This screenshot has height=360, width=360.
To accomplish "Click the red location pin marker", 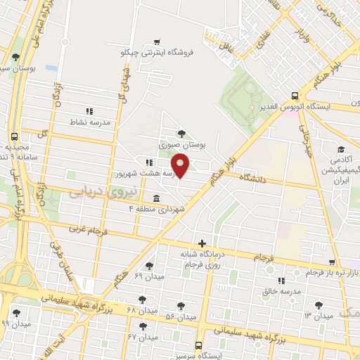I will pos(181,166).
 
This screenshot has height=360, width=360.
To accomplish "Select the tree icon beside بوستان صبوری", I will pos(182,134).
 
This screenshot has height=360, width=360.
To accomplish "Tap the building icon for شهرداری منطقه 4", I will pos(155,198).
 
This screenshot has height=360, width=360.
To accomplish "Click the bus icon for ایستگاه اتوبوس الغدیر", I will pos(295,97).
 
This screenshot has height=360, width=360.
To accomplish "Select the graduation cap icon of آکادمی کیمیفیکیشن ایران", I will pos(341,150).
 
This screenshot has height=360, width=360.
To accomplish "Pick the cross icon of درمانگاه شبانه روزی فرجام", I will pos(202,243).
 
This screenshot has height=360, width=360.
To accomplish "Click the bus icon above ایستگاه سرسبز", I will pos(200,346).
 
